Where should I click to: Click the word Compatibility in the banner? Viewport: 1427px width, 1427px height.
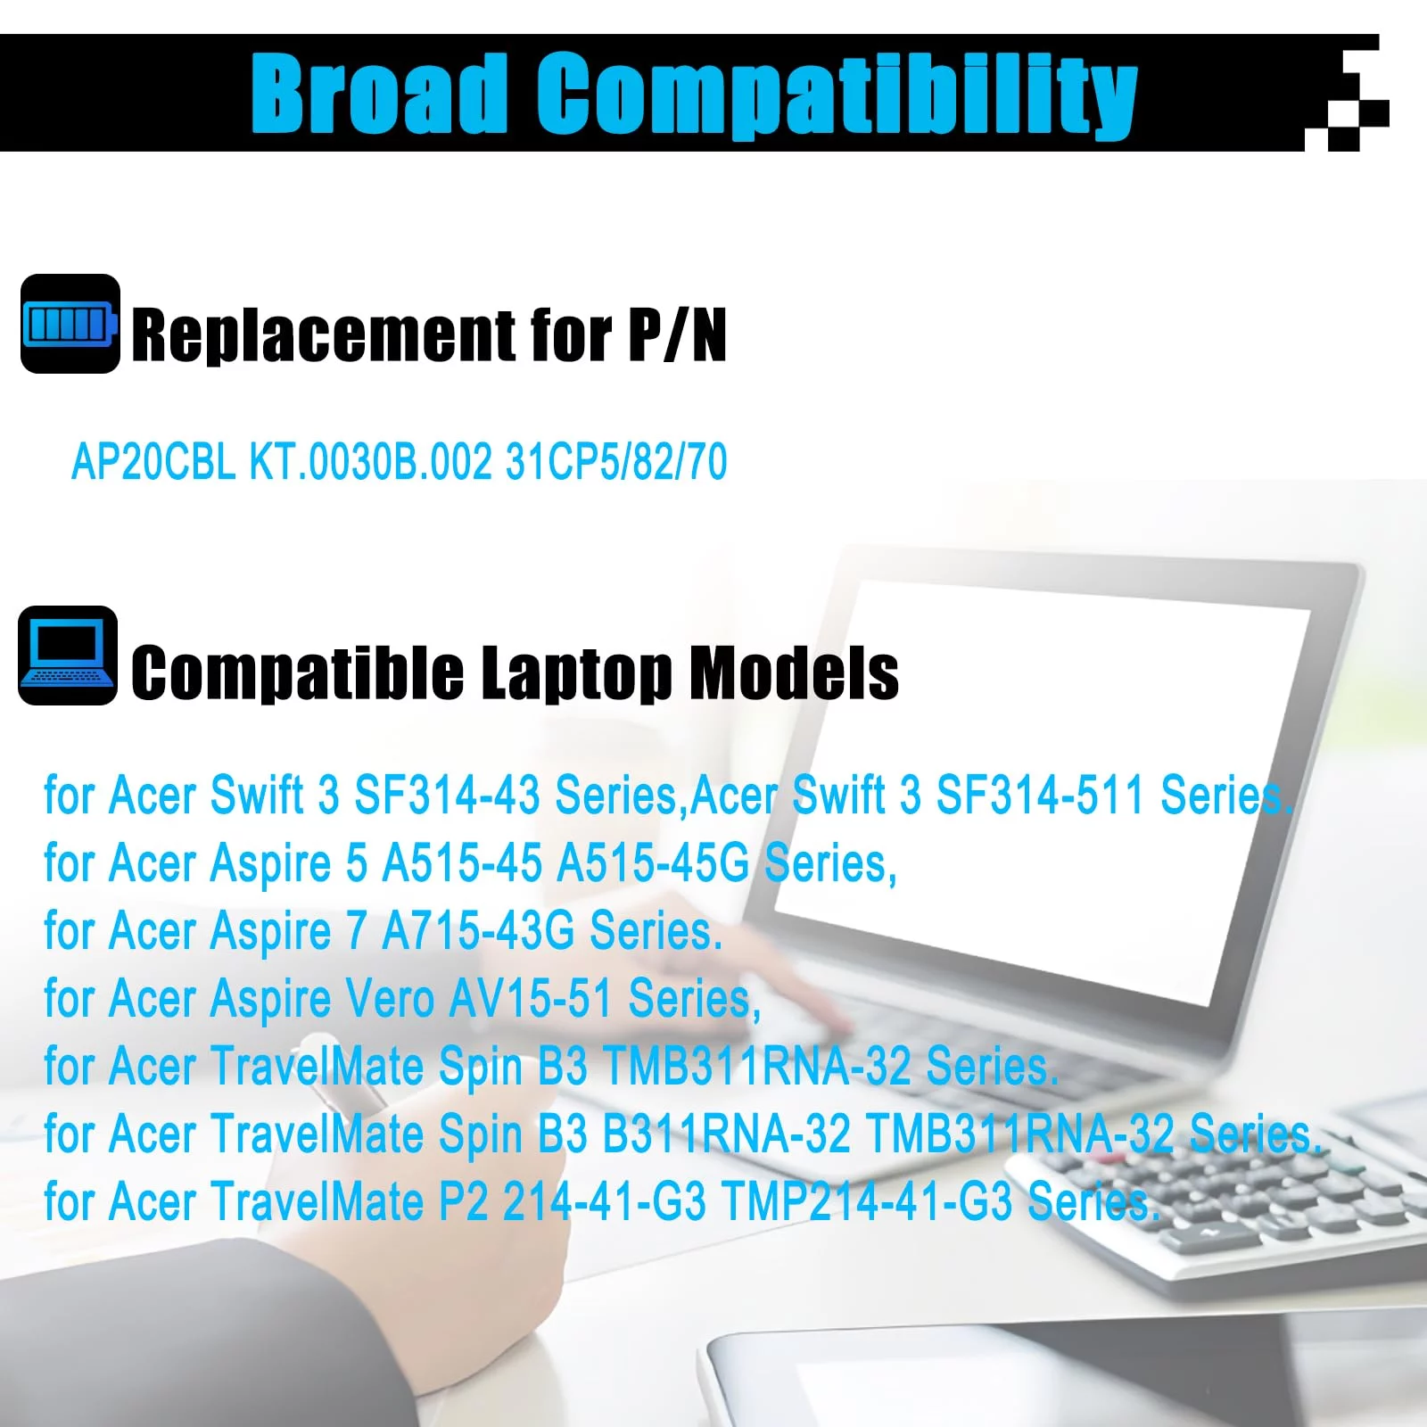click(837, 95)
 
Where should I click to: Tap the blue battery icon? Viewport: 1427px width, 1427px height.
click(70, 324)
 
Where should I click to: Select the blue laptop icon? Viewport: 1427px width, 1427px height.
click(68, 656)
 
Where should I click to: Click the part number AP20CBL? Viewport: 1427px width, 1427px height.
click(153, 462)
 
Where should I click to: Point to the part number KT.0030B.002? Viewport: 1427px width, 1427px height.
click(371, 462)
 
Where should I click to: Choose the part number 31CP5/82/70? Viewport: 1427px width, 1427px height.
click(616, 462)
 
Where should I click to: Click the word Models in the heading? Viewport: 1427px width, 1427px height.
click(794, 672)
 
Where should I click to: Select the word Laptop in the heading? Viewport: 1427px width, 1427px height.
click(576, 674)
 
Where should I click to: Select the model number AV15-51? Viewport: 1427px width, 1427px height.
click(531, 998)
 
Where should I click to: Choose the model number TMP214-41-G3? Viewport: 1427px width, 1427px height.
click(867, 1201)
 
